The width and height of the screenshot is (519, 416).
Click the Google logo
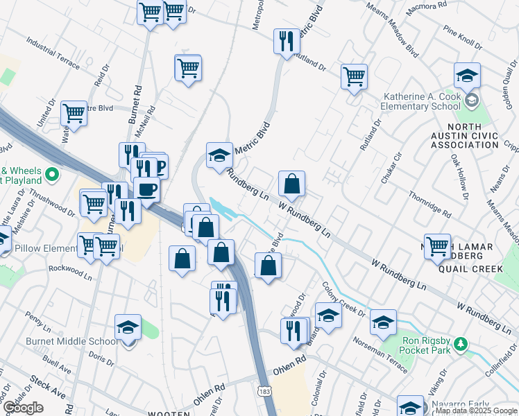[22, 408]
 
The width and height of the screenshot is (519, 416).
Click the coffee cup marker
[146, 188]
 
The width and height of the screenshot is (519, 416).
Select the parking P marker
[158, 166]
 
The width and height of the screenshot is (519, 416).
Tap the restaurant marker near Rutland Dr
[286, 41]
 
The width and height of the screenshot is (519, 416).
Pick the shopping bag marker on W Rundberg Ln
[292, 184]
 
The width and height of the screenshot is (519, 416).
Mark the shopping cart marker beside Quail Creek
[438, 245]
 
